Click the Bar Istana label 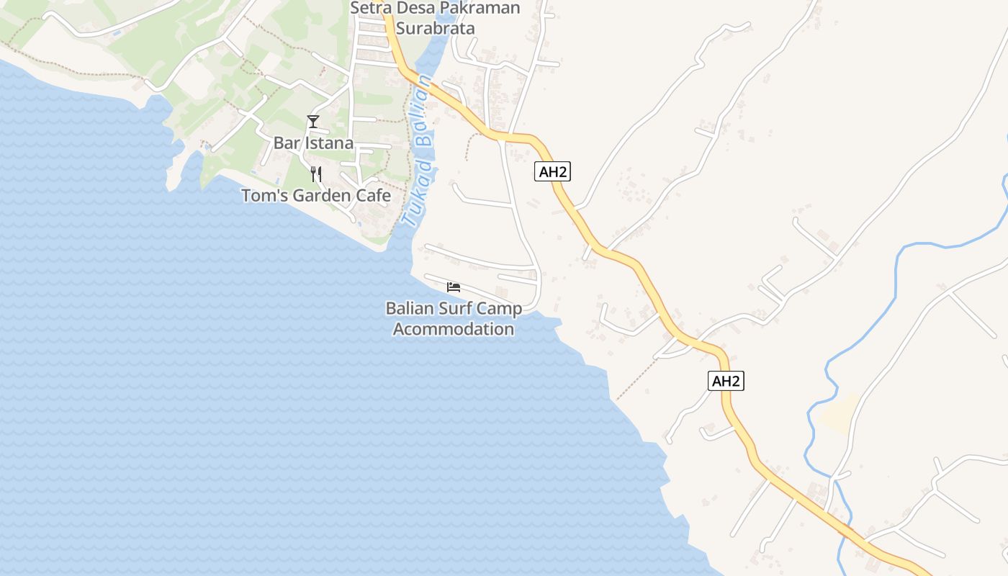[313, 143]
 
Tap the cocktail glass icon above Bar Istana [312, 122]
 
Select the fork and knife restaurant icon [315, 174]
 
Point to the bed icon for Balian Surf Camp [454, 287]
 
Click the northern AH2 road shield [552, 171]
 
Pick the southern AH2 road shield [726, 382]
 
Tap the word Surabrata [436, 29]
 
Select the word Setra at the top [369, 9]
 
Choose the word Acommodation [454, 330]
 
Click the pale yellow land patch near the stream [837, 414]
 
